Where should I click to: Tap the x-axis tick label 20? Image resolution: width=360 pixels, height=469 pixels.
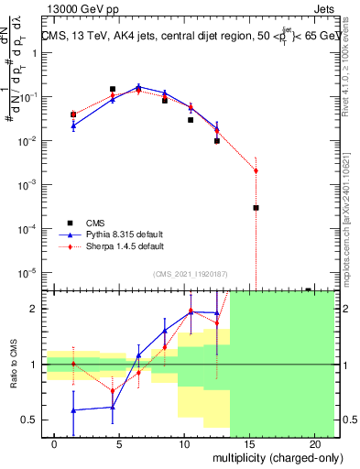pos(314,442)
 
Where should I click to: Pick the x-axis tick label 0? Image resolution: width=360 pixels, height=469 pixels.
pos(55,442)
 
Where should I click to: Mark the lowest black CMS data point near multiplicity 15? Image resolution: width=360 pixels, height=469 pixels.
pos(256,208)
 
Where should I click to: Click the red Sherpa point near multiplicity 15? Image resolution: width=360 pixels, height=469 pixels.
pos(256,170)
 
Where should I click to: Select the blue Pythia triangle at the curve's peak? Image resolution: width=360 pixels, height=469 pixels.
pos(138,87)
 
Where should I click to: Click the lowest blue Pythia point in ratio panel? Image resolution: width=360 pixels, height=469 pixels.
pos(73,410)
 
